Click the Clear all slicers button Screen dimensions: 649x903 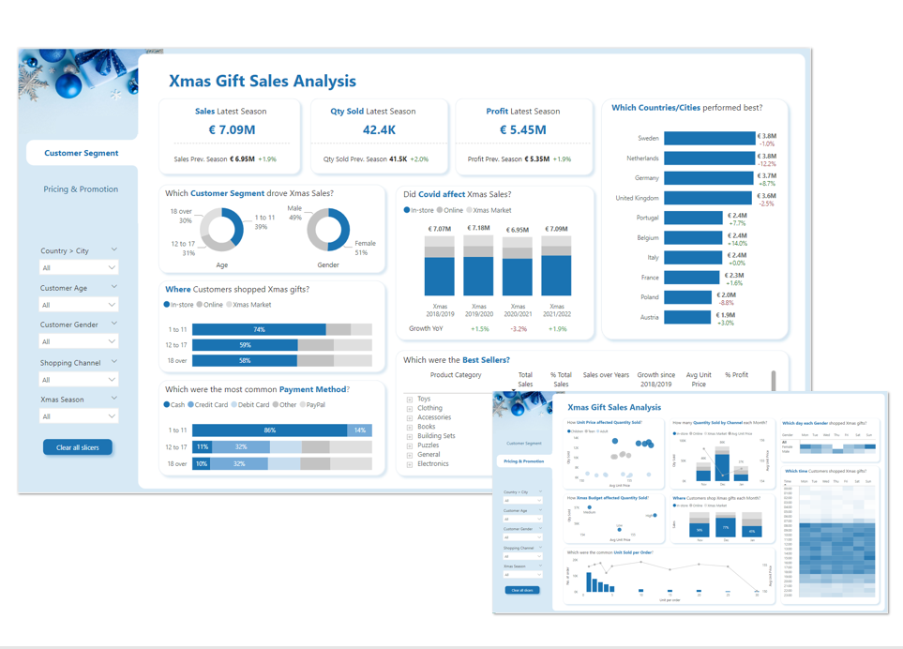tap(77, 447)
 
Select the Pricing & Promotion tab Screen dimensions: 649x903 tap(81, 189)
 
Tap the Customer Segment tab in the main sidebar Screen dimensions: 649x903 tap(82, 153)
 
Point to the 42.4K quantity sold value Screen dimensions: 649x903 tap(379, 130)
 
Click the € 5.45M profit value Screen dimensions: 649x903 tap(522, 130)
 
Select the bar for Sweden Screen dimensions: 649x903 tap(708, 138)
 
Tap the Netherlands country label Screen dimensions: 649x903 tap(642, 158)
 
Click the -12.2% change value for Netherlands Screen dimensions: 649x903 tap(766, 164)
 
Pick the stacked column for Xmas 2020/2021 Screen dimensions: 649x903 tap(518, 266)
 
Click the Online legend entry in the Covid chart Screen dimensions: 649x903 tap(449, 210)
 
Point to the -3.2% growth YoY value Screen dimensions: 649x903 tap(518, 329)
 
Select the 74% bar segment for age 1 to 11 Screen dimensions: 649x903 tap(259, 329)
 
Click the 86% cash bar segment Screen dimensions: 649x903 tap(270, 430)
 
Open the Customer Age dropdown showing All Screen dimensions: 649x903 tap(78, 305)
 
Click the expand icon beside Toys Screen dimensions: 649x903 tap(410, 400)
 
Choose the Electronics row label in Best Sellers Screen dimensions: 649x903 tap(432, 463)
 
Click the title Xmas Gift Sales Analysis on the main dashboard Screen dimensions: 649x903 tap(262, 82)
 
